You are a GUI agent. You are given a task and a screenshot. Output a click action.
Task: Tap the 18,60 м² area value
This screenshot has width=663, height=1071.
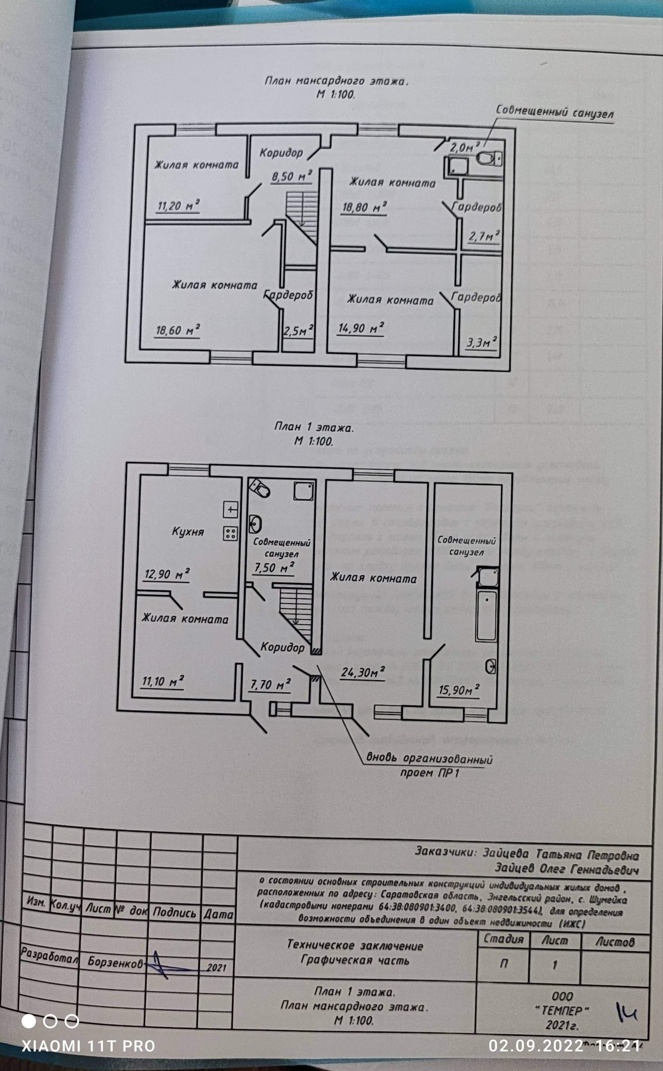(x=178, y=330)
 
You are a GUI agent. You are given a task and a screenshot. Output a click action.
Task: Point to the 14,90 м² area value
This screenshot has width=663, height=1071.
(x=361, y=327)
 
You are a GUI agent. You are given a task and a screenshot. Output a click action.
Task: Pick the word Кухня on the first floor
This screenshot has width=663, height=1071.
(x=188, y=532)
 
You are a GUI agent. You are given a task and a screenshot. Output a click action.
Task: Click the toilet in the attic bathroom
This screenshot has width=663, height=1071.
(x=489, y=158)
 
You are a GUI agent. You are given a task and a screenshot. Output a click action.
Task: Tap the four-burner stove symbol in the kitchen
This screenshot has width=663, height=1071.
(x=231, y=533)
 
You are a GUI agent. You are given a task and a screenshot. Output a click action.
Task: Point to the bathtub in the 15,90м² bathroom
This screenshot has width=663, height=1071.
(x=486, y=616)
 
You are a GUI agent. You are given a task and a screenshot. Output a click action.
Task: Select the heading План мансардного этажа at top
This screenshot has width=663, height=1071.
(x=336, y=81)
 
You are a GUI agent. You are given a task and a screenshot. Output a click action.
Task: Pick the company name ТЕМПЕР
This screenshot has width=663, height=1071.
(x=562, y=1011)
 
